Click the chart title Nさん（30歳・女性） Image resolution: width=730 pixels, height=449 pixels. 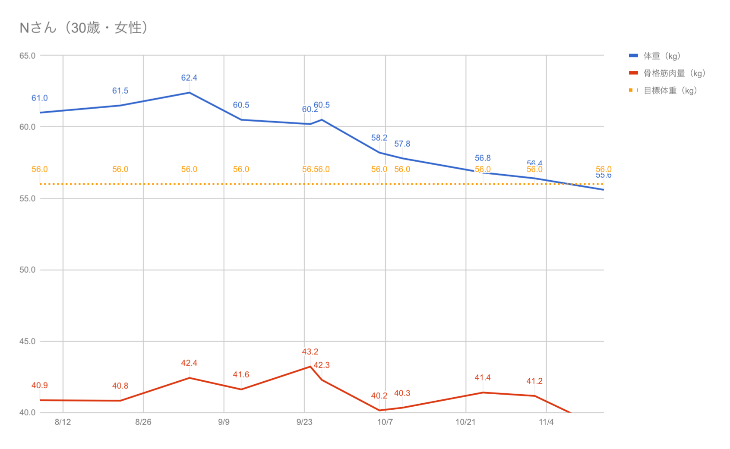tap(85, 28)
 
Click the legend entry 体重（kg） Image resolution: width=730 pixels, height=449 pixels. tap(661, 56)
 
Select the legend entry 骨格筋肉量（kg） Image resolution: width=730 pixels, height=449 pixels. tap(674, 73)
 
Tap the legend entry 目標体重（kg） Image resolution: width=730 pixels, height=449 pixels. tap(670, 91)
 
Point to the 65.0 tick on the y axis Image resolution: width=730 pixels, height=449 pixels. tap(27, 56)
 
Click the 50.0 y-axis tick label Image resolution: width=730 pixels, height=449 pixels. tap(27, 270)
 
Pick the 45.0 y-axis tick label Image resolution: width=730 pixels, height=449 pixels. tap(27, 342)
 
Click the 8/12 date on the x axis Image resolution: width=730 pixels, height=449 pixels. tap(63, 422)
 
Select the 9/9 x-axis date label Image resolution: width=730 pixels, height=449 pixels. tap(224, 422)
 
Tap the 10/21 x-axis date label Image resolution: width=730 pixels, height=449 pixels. tap(465, 422)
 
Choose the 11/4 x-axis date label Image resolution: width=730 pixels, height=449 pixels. tap(546, 422)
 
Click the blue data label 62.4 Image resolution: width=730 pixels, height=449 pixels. tap(189, 78)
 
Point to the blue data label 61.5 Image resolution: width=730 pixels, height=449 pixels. tap(120, 91)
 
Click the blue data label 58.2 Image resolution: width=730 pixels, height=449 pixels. tap(379, 138)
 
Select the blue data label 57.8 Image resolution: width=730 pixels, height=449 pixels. tap(402, 144)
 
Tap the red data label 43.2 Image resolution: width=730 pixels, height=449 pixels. tap(310, 352)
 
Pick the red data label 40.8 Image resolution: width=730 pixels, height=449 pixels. tap(120, 386)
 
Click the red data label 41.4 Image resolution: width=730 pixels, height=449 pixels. tap(483, 378)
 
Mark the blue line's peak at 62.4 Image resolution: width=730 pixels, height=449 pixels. tap(189, 93)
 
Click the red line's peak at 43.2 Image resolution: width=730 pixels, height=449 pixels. tap(310, 367)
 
